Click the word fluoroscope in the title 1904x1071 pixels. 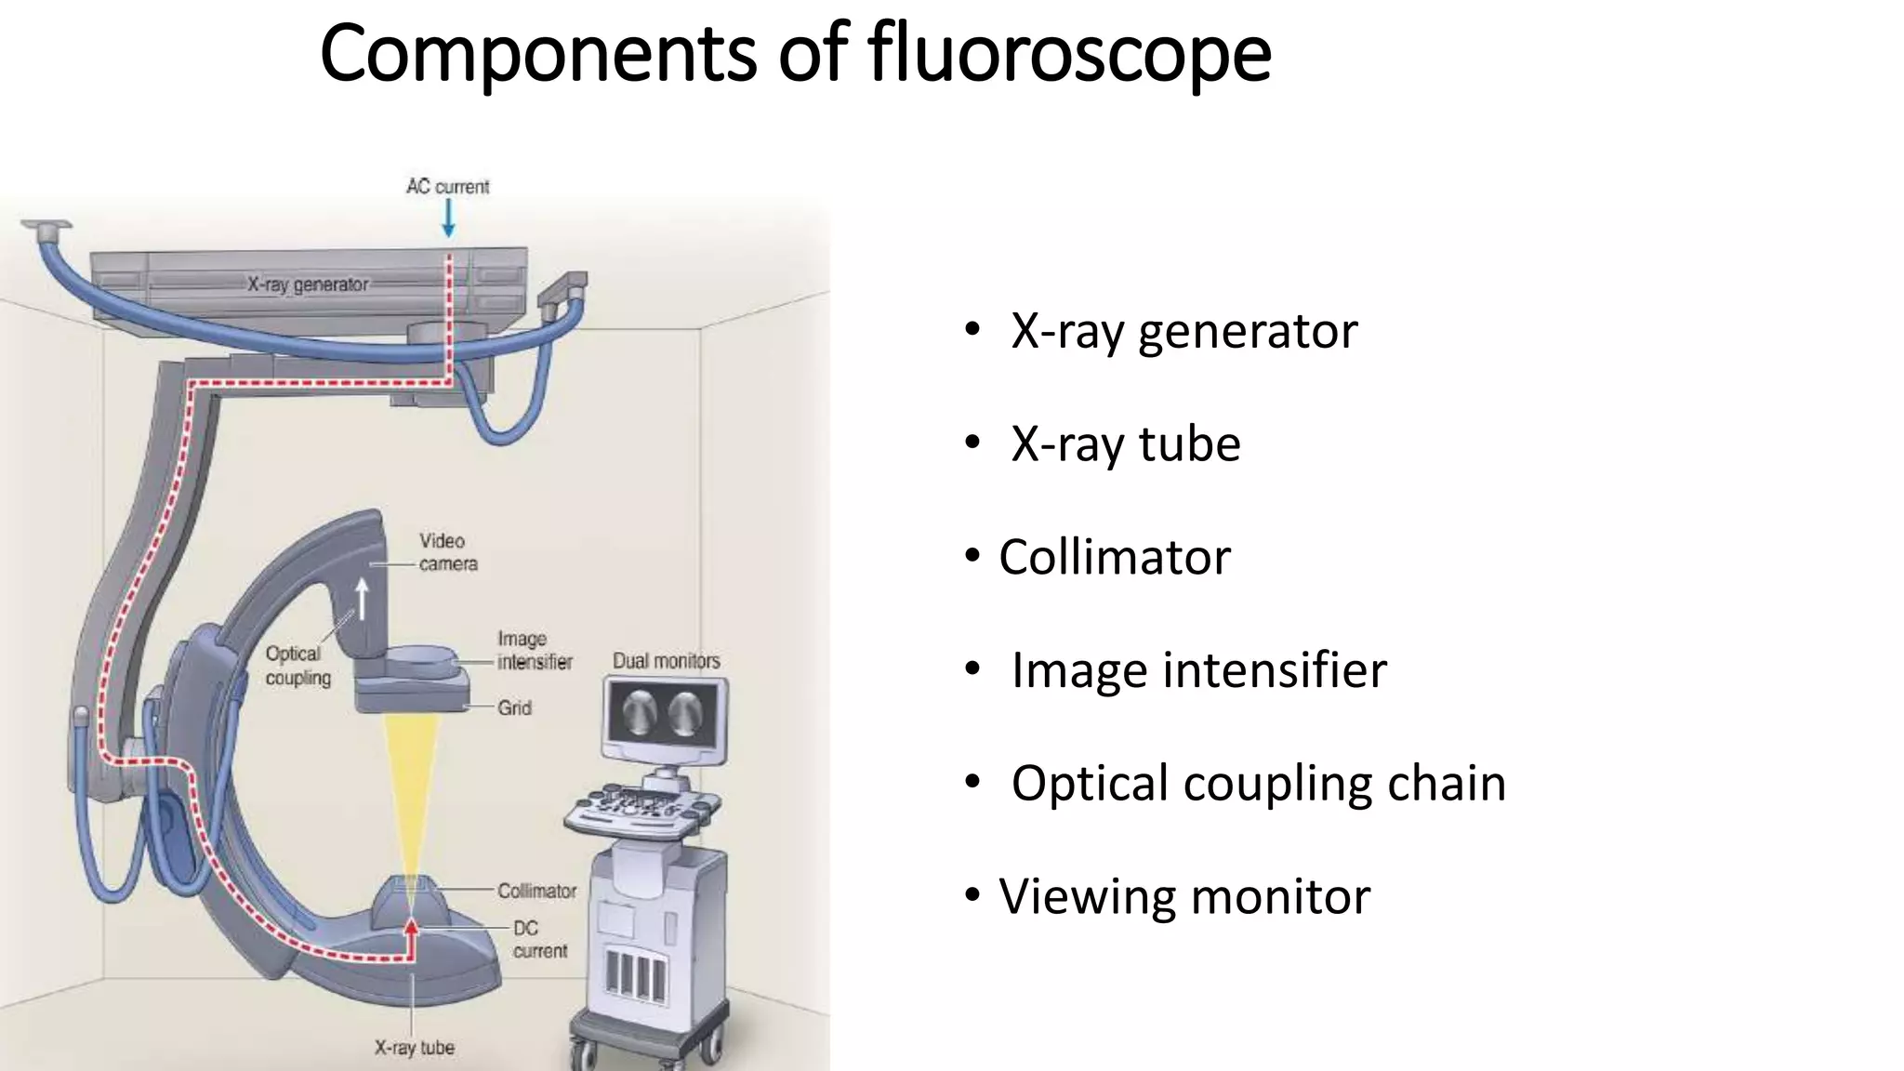coord(1069,54)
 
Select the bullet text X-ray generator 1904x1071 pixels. coord(1183,331)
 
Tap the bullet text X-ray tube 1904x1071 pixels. coord(1125,444)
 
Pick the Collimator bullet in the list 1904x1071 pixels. coord(1114,558)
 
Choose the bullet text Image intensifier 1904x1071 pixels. coord(1198,670)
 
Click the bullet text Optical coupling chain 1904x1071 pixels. coord(1258,784)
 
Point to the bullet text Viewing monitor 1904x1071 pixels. coord(1183,897)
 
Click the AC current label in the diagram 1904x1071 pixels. coord(447,187)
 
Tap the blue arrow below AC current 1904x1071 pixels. coord(448,218)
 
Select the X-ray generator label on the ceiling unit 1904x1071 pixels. coord(308,284)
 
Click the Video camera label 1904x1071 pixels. coord(447,552)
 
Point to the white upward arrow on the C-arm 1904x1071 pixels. coord(362,599)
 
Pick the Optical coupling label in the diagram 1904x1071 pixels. coord(297,666)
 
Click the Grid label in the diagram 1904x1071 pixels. coord(514,708)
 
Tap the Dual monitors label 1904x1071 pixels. coord(666,661)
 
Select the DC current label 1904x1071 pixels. coord(539,939)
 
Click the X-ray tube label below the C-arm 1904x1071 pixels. coord(414,1048)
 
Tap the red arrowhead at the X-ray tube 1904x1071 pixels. coord(411,926)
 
